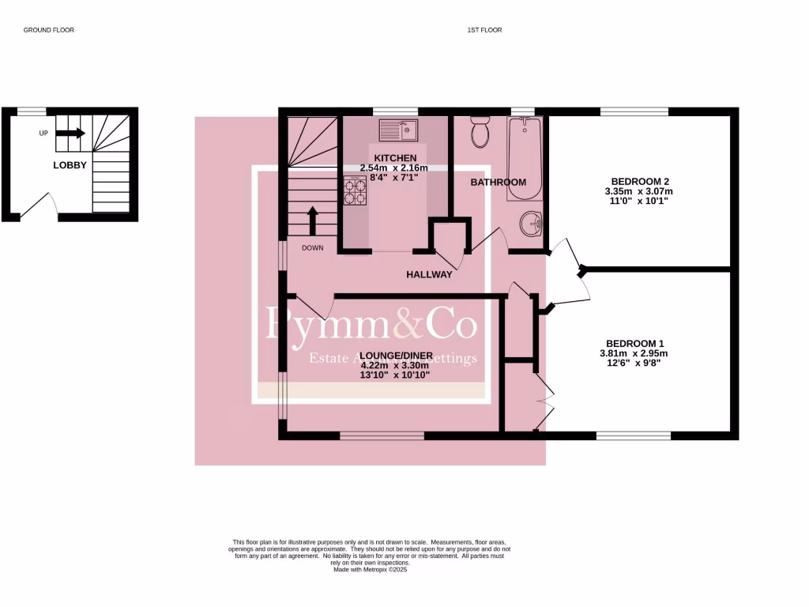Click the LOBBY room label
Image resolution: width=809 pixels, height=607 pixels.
pos(70,165)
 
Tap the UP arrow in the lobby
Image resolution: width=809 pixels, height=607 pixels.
pos(70,134)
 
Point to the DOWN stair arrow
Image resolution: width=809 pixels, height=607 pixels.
pos(313,221)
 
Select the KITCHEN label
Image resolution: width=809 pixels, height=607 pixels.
pos(395,158)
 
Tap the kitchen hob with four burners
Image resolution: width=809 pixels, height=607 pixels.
pos(355,190)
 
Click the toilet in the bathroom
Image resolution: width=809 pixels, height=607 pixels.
pos(480,132)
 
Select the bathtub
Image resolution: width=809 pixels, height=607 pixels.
pos(525,158)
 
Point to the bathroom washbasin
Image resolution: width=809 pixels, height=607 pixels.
pos(531,224)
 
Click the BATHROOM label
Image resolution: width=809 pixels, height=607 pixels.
pos(498,183)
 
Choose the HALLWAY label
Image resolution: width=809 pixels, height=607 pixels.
pos(429,274)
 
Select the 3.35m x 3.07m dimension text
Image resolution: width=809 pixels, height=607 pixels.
pos(638,191)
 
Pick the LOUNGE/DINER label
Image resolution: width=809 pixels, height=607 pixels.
pos(394,355)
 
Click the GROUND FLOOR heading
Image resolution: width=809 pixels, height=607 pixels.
pos(48,30)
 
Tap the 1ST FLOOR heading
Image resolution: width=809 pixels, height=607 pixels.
pos(484,30)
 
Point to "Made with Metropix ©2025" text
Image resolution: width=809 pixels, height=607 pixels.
pos(369,569)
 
